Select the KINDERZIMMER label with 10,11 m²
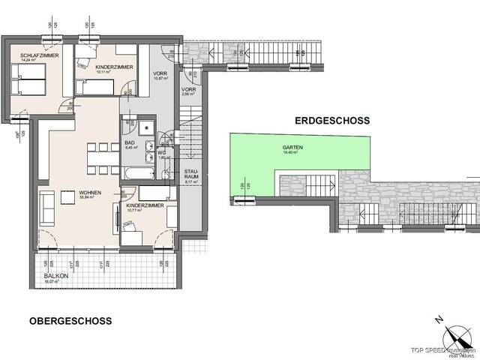pyautogui.click(x=114, y=67)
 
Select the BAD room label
pyautogui.click(x=130, y=143)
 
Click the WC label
pyautogui.click(x=161, y=152)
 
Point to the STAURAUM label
pyautogui.click(x=191, y=175)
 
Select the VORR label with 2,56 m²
pyautogui.click(x=189, y=91)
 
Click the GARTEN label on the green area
pyautogui.click(x=292, y=148)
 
